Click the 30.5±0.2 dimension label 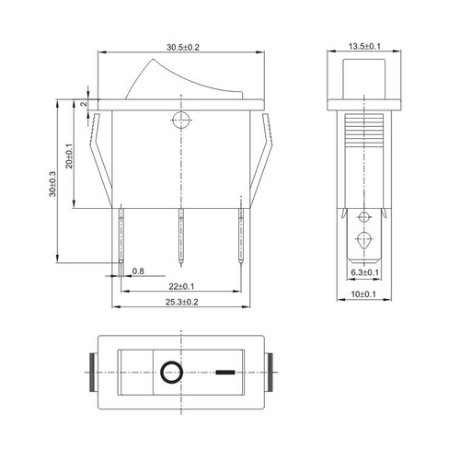click(x=183, y=47)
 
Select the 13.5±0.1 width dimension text click(x=364, y=46)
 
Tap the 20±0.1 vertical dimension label click(x=70, y=156)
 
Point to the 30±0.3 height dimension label click(x=52, y=184)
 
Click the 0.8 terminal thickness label click(x=138, y=271)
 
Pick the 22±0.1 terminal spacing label click(x=181, y=286)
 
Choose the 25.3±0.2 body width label click(x=182, y=302)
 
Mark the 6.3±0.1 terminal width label click(x=364, y=272)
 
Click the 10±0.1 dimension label click(x=363, y=294)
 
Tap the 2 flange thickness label click(x=84, y=104)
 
